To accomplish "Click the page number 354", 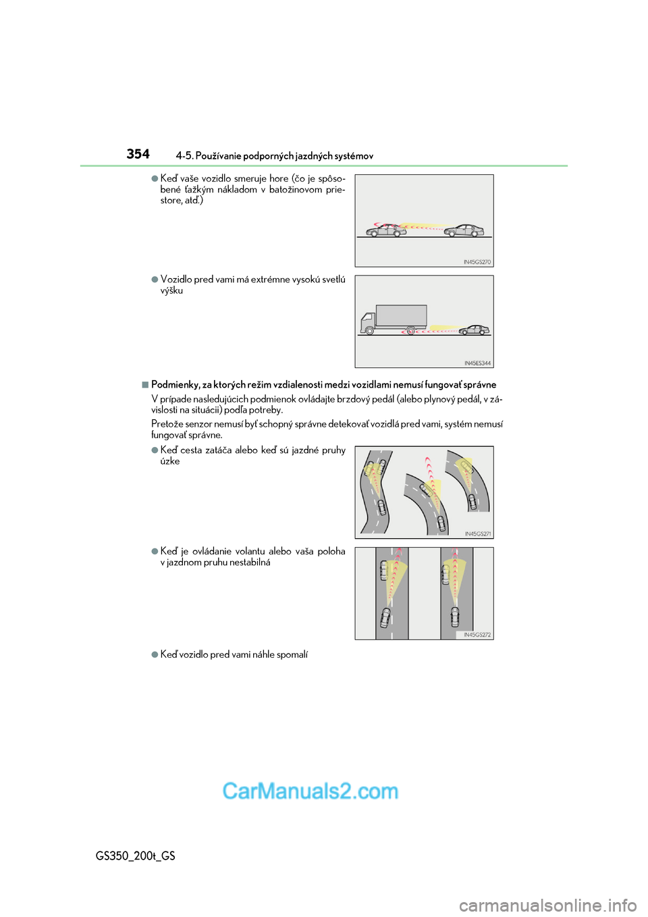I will pos(138,154).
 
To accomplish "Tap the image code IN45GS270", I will pos(477,262).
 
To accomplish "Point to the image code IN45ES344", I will pos(477,363).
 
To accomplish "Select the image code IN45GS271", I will pos(477,534).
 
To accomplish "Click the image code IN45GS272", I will pos(477,635).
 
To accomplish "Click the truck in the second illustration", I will pos(394,319).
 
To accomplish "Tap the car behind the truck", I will pos(475,330).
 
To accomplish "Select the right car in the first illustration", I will pos(464,230).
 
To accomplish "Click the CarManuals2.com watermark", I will pos(310,791).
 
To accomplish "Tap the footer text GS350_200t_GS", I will pos(136,856).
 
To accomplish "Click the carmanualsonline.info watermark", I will pos(547,905).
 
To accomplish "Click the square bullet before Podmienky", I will pos(145,385).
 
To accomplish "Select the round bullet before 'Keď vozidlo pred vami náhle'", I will pos(155,654).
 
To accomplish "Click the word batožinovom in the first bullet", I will pos(296,190).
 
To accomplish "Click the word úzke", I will pos(170,461).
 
